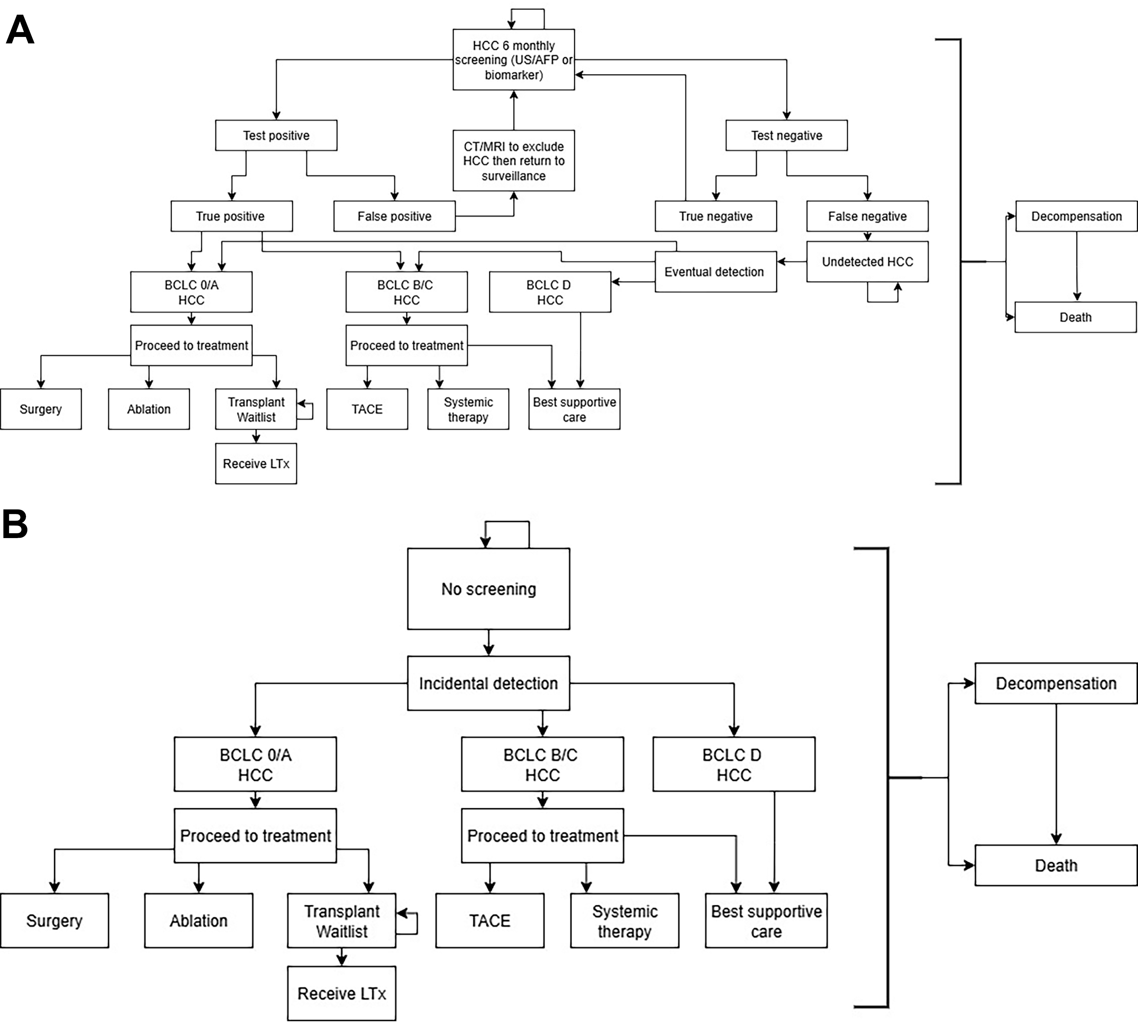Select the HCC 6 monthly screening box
(x=513, y=60)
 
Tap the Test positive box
(x=276, y=136)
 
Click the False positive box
(x=394, y=216)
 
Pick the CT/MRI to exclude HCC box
(x=513, y=161)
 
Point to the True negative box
(x=715, y=216)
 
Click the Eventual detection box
(x=715, y=272)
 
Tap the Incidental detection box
(x=489, y=683)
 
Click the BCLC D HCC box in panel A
(x=550, y=292)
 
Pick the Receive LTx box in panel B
(x=341, y=994)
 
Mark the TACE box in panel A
(x=367, y=409)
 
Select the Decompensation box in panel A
(x=1076, y=216)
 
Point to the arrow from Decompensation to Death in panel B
(x=1056, y=773)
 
